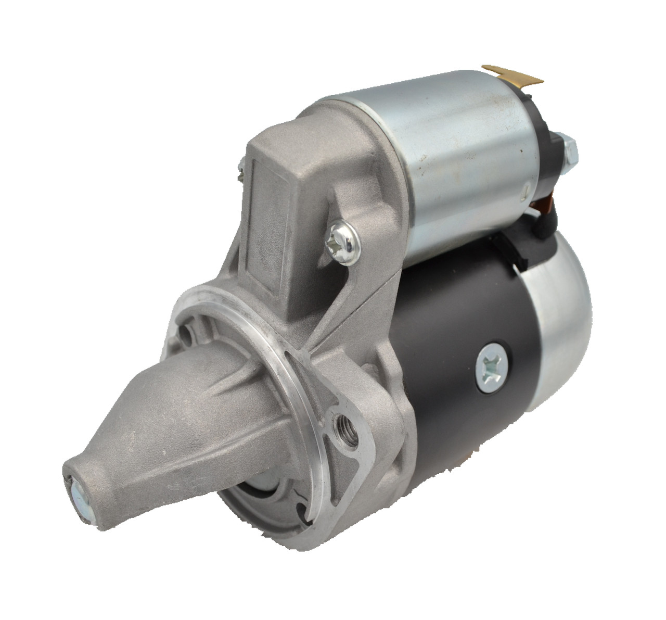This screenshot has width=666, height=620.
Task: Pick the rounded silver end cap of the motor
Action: pyautogui.click(x=559, y=333)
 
